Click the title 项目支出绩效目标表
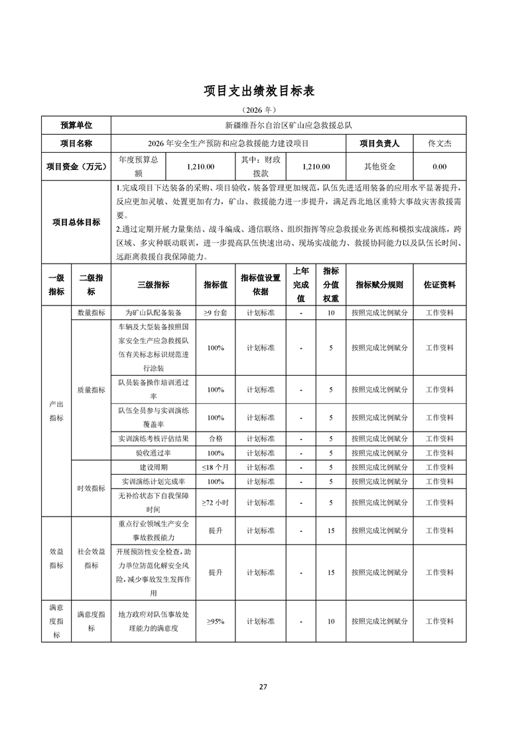(263, 91)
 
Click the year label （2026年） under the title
(263, 109)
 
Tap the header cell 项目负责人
(379, 143)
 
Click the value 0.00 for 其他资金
(439, 167)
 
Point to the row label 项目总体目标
(76, 222)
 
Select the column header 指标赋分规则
(379, 285)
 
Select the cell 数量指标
(90, 311)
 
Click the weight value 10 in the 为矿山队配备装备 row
(330, 311)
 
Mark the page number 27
(263, 686)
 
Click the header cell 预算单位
(76, 125)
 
